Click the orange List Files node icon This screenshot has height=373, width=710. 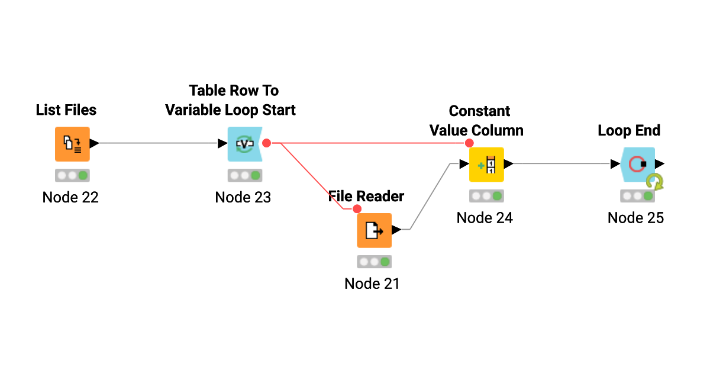[72, 144]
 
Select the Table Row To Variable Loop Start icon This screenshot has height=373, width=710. [244, 144]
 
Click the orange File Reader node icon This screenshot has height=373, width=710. [374, 230]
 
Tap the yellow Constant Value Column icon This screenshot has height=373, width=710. [486, 164]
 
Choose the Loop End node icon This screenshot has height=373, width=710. [637, 164]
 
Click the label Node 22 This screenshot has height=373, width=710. [70, 197]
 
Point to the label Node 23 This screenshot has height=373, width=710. [243, 197]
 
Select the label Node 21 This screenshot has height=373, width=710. [372, 284]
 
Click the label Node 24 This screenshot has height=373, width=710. [485, 218]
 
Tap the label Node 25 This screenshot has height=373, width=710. [635, 218]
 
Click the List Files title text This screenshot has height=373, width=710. [66, 110]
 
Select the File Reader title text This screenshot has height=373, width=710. [366, 196]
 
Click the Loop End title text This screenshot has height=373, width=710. [629, 131]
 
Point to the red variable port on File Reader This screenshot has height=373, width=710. [357, 209]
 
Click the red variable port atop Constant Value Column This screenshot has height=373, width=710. [469, 143]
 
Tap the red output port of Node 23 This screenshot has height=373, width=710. [267, 143]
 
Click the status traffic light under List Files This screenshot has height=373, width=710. [72, 175]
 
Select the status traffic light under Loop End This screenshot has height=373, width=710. [637, 196]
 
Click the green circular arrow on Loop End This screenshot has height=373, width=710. [654, 182]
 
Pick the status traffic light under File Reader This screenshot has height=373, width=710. [374, 262]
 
